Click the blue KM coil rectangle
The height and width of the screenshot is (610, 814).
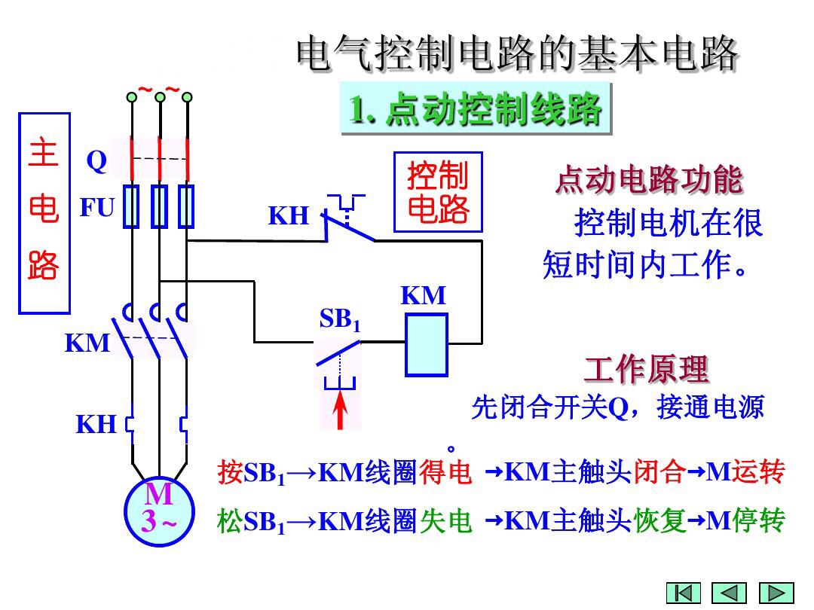(426, 344)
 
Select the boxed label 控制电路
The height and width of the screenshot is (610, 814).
(438, 192)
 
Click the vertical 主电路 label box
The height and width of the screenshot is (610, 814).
(44, 213)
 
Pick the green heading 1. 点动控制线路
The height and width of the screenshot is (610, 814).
(476, 110)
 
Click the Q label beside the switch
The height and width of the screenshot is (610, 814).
(96, 161)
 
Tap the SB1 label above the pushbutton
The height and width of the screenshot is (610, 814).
(340, 320)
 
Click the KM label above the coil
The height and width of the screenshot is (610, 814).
(423, 296)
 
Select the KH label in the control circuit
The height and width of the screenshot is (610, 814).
(289, 216)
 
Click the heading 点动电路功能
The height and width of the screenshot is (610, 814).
(649, 181)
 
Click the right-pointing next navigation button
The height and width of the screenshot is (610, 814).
(776, 593)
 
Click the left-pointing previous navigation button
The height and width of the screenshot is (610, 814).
(729, 593)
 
